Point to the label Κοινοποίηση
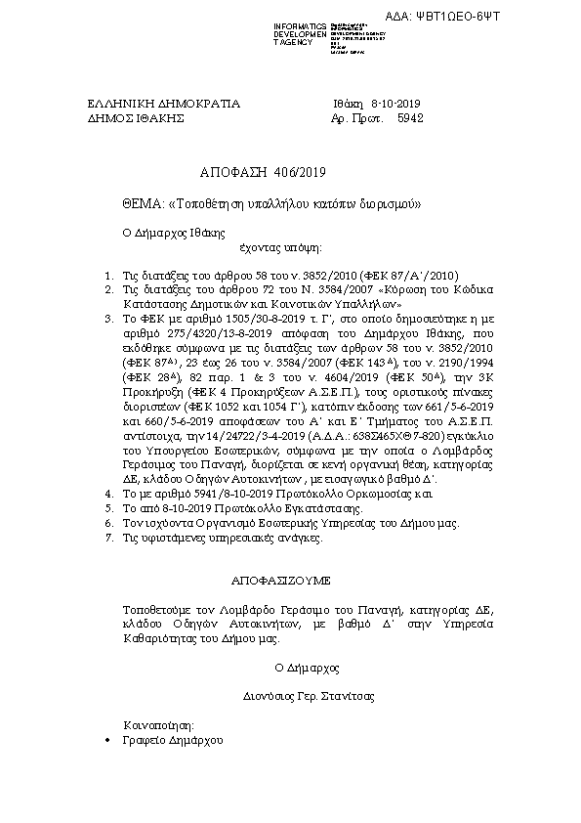158,725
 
